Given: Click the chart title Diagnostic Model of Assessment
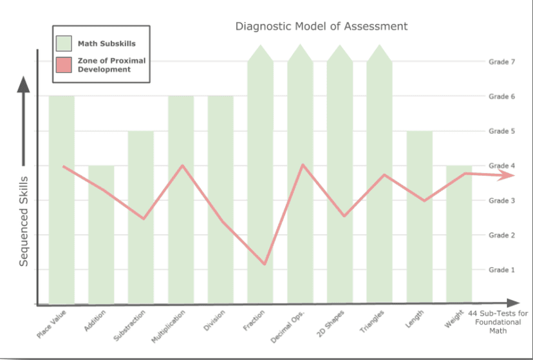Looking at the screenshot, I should coord(321,26).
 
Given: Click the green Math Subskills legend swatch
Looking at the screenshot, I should coord(64,44).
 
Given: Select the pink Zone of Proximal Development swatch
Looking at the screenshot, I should coord(64,64).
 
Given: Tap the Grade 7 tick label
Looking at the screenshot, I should coord(502,62).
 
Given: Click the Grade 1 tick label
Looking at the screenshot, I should coord(502,269).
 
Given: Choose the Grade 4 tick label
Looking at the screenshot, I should coord(502,166).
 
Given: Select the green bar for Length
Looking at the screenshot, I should coord(419,245).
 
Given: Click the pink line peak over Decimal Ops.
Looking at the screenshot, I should coord(303,165).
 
